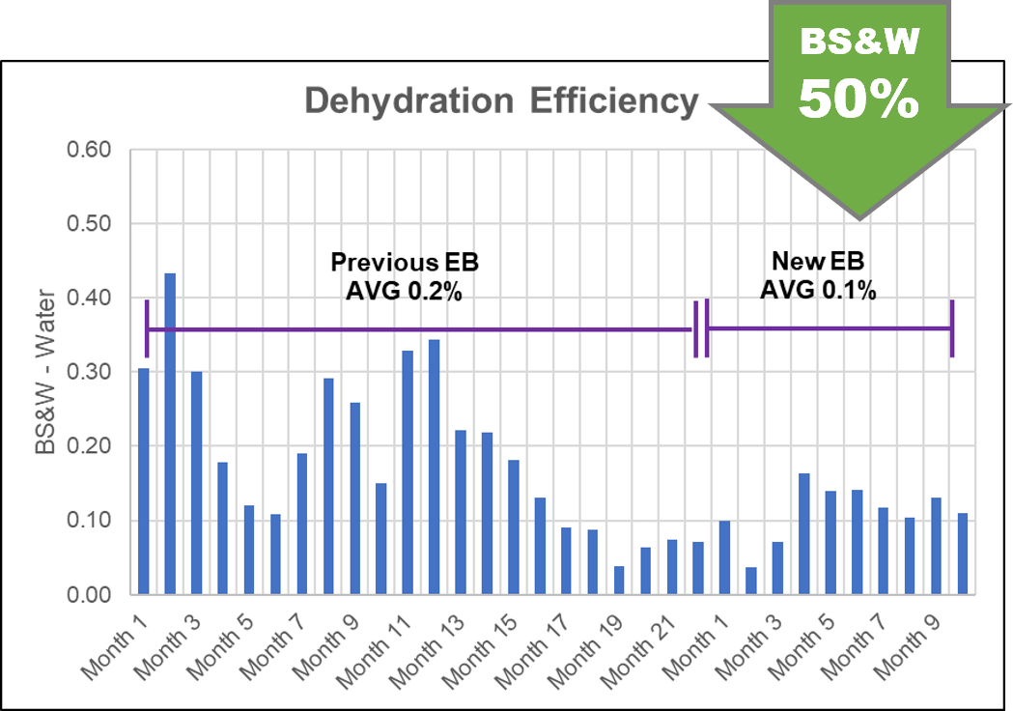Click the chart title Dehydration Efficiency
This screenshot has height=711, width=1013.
501,101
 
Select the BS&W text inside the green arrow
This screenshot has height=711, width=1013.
858,43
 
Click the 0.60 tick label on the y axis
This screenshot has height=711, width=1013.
89,150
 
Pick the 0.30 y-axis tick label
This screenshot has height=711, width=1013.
89,372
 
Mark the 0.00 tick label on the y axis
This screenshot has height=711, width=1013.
89,594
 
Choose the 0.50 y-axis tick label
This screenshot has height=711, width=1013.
89,224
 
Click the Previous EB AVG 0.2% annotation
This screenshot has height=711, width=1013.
405,276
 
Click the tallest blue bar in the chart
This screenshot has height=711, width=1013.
170,434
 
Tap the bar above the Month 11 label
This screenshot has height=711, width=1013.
408,472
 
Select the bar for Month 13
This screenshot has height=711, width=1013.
461,512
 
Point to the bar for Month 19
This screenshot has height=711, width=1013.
619,580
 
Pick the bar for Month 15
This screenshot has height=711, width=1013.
514,526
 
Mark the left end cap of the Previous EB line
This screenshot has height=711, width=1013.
147,329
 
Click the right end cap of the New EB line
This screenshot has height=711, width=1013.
952,328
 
